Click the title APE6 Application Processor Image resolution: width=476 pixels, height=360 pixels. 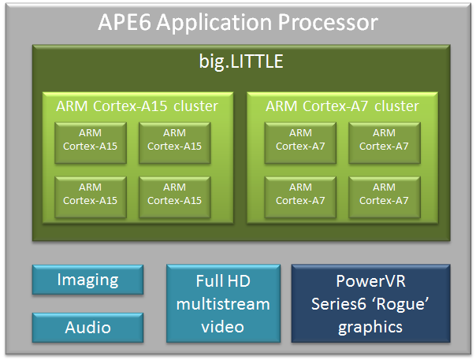237,21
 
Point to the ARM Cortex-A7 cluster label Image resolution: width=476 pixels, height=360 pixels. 342,106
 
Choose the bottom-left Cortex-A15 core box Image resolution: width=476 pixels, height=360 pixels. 91,194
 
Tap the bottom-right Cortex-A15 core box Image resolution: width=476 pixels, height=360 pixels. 174,194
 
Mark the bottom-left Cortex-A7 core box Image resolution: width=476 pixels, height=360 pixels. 300,194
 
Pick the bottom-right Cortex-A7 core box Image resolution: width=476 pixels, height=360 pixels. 384,194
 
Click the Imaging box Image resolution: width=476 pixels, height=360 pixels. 87,280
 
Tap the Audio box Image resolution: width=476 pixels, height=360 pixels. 87,327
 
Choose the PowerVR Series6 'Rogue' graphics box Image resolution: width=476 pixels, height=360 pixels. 370,303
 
